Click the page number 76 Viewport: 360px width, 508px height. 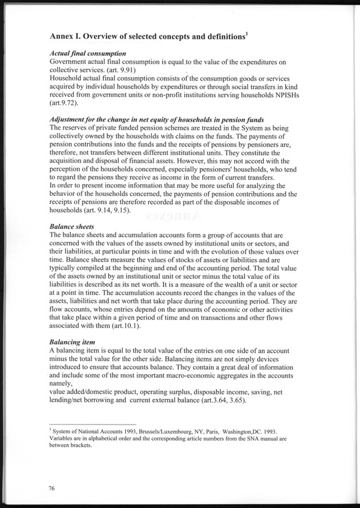coord(54,487)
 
